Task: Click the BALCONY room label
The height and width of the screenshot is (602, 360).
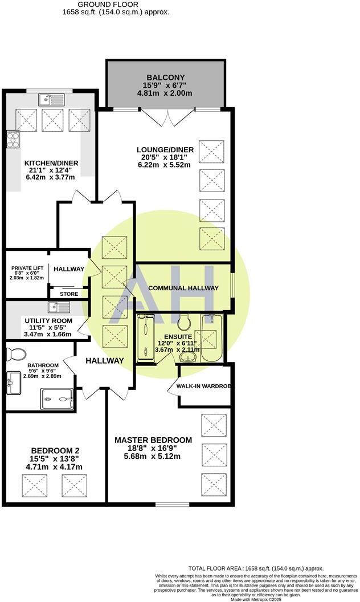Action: tap(165, 78)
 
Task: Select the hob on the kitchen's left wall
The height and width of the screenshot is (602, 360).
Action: tap(12, 139)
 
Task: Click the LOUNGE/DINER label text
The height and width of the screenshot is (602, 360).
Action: tap(169, 150)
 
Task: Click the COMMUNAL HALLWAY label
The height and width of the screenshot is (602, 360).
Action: tap(183, 288)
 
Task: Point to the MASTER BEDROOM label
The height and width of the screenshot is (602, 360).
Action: tap(153, 440)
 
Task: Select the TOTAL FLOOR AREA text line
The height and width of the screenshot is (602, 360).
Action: tap(256, 568)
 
